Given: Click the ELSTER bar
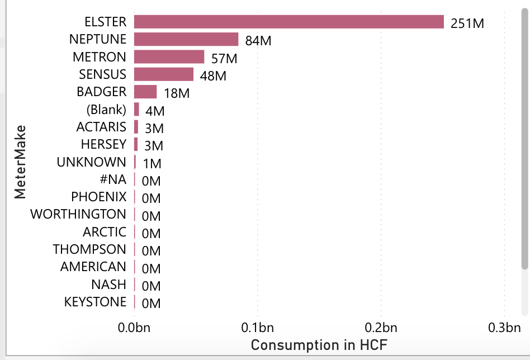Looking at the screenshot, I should tap(288, 22).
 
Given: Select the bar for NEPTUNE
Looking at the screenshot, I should tap(186, 39).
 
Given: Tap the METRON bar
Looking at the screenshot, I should tap(169, 57).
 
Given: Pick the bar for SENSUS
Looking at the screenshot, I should tap(164, 74).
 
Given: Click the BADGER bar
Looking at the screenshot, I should tap(145, 92).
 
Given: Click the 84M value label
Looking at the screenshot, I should tap(258, 41).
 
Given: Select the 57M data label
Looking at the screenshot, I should tap(224, 59).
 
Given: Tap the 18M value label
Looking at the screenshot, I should tap(177, 94).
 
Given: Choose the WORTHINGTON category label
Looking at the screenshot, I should tap(78, 214).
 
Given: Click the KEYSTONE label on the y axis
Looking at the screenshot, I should tap(95, 302).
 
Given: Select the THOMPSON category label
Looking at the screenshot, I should tap(89, 249).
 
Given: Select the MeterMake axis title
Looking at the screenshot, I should tap(20, 162).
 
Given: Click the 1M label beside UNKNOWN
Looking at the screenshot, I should tap(152, 164).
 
